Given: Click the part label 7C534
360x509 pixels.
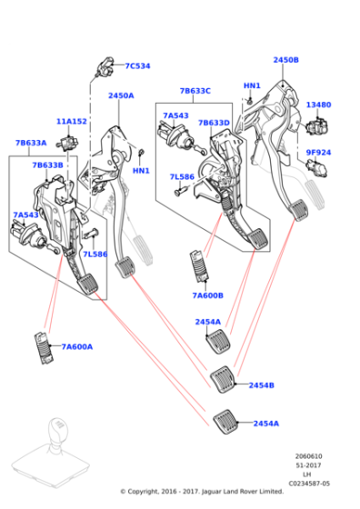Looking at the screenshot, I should tap(138, 65).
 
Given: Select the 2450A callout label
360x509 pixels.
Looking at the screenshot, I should tap(121, 95).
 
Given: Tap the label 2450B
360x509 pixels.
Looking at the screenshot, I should tap(285, 60).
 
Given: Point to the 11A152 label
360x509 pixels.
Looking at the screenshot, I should tap(71, 121).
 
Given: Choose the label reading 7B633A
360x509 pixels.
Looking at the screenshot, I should tap(31, 143).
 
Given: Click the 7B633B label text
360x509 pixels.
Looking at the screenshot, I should tap(47, 165).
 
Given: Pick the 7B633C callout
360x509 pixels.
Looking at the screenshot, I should tap(195, 91).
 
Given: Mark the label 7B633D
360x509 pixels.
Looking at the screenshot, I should tap(214, 123).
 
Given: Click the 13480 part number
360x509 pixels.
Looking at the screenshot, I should tap(318, 105).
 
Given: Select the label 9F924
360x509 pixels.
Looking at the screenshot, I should tap(318, 153).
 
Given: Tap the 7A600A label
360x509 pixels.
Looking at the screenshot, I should tap(77, 346).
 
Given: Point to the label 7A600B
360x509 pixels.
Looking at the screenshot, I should tap(207, 295).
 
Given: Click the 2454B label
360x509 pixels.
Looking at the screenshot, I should tap(261, 385).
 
